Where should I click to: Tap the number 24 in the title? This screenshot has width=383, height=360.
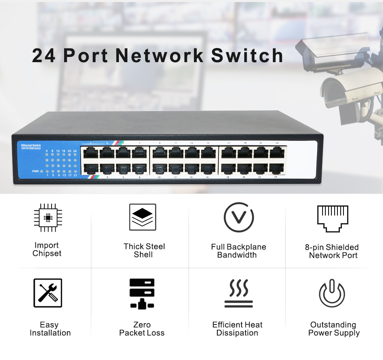click(x=44, y=56)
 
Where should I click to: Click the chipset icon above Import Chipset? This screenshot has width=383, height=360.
click(x=47, y=218)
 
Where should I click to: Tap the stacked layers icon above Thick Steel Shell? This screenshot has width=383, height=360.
click(x=142, y=217)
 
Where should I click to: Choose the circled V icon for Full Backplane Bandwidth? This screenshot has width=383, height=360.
click(x=239, y=218)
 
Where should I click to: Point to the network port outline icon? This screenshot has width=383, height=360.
click(x=333, y=218)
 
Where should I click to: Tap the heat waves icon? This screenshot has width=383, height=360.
click(x=238, y=293)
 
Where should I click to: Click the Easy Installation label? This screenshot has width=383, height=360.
click(x=50, y=329)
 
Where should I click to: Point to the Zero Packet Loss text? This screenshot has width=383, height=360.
click(x=142, y=329)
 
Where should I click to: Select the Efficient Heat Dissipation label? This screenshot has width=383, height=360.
click(x=237, y=329)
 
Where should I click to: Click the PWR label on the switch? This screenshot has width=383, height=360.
click(x=35, y=171)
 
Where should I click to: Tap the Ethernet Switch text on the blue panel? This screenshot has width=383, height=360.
click(x=31, y=145)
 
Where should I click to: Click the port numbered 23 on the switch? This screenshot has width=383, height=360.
click(x=277, y=153)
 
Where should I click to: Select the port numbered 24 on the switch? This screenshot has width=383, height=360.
click(x=277, y=169)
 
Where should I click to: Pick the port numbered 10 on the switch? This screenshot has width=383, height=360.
click(x=159, y=169)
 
